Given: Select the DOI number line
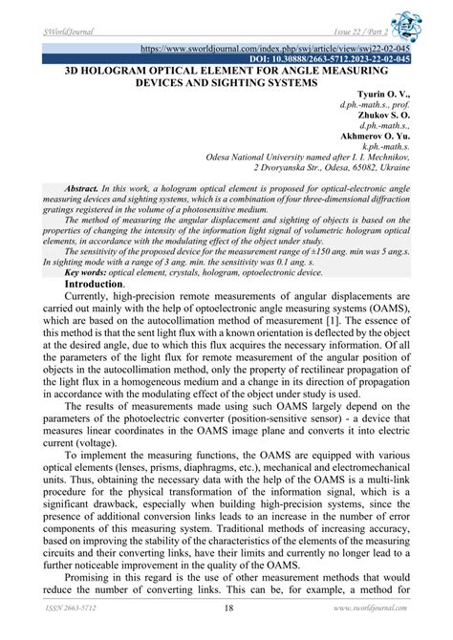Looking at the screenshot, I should pyautogui.click(x=329, y=58).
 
